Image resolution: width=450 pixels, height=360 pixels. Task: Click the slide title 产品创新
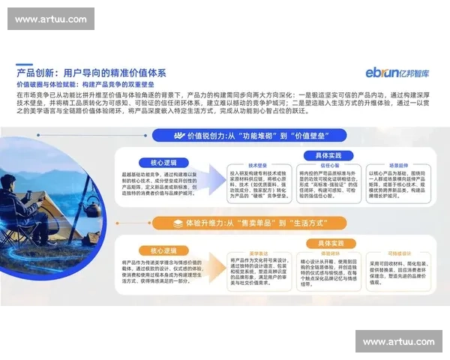point(91,73)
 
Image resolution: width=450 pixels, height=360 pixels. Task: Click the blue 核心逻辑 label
point(154,163)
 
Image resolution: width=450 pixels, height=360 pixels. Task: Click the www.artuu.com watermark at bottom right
point(398,342)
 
